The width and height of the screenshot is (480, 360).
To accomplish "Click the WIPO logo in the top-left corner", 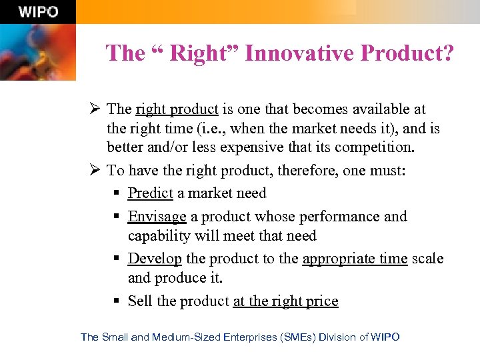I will [x=38, y=12].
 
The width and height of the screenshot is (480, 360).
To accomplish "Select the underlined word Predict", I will [x=150, y=193].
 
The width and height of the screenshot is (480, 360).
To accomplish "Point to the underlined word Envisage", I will [x=157, y=217].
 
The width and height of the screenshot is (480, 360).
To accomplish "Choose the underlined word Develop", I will [x=155, y=259].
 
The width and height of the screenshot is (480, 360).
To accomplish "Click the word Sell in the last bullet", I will [x=141, y=301].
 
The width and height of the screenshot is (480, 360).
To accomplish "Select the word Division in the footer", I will [x=337, y=337].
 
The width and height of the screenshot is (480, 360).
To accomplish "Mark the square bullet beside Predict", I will [x=116, y=193].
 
